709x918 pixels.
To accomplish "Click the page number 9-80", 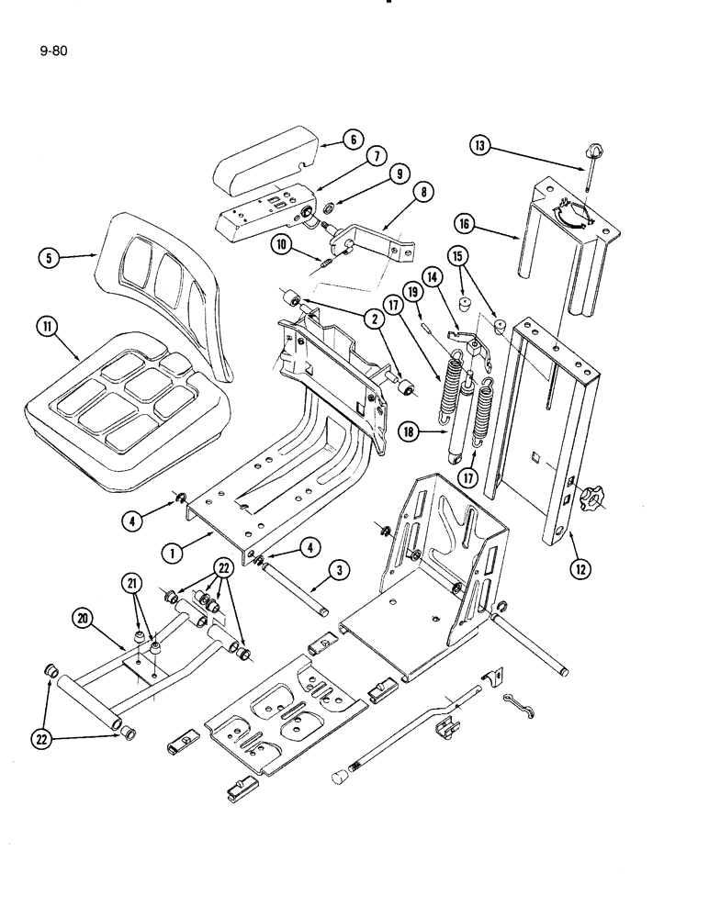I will tap(53, 51).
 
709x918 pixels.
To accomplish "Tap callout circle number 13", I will tap(479, 146).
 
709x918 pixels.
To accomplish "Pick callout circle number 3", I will tap(339, 572).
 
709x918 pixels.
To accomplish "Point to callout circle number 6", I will tap(353, 140).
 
